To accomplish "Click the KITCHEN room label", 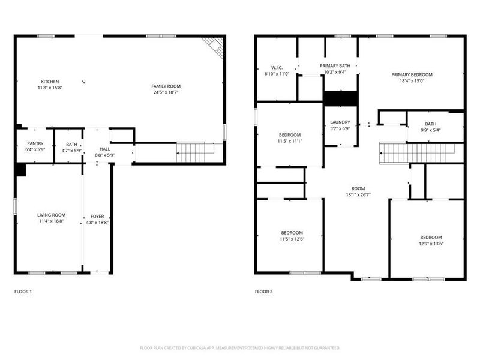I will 50,82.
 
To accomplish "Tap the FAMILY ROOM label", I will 166,86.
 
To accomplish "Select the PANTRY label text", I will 35,144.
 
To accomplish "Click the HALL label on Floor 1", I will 105,149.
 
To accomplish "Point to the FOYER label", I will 97,216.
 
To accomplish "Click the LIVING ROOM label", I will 51,215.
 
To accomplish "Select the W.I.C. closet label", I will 277,67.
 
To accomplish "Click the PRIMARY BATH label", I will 335,66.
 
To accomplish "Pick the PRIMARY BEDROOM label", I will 412,75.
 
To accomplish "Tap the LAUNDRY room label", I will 340,122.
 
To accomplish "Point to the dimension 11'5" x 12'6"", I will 292,239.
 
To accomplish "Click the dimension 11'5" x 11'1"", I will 290,141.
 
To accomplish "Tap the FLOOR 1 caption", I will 23,292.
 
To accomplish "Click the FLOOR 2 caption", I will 263,292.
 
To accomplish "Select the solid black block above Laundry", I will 340,97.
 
